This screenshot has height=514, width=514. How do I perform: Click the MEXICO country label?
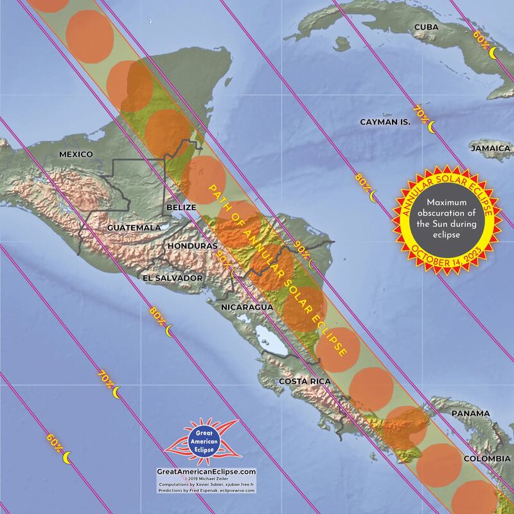click(x=76, y=154)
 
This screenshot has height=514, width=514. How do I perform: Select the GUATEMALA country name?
click(x=134, y=228)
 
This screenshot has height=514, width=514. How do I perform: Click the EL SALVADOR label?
click(x=173, y=278)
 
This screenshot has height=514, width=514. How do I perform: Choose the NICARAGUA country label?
click(x=247, y=307)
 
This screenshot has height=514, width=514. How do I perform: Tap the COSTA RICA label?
click(x=305, y=382)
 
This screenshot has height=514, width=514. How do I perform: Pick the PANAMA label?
click(x=470, y=413)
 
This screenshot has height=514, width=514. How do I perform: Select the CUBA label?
click(x=427, y=26)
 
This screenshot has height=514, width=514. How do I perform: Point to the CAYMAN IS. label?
click(x=384, y=121)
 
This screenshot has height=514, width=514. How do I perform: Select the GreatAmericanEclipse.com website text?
click(x=206, y=472)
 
